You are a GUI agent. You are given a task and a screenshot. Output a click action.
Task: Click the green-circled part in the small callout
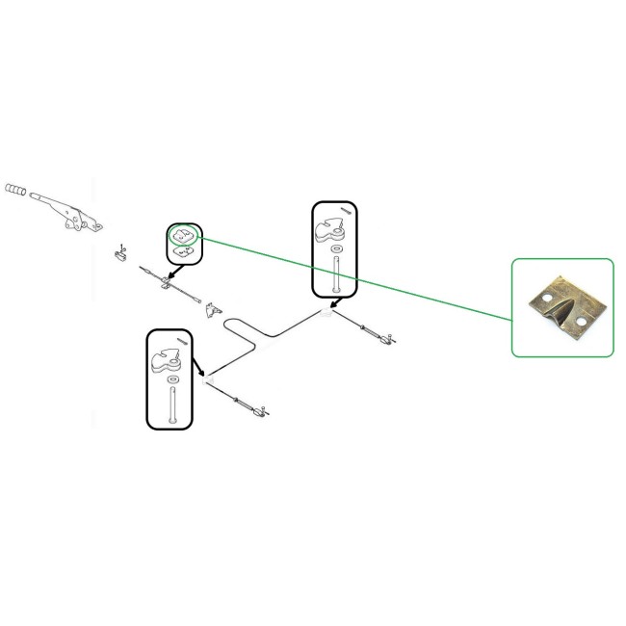click(182, 233)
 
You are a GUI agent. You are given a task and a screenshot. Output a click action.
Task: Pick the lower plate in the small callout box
click(183, 251)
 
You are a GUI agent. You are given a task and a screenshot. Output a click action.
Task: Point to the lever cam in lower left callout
click(167, 359)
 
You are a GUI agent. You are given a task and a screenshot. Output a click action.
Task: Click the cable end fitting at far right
click(386, 337)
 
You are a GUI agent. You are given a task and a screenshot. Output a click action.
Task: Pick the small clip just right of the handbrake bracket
click(121, 255)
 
